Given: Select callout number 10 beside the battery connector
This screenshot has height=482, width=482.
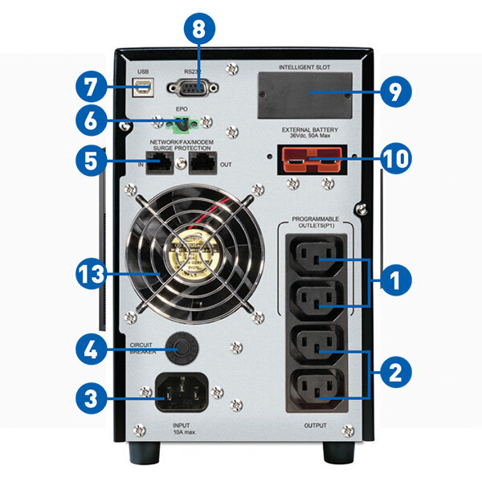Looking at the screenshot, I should click(392, 158).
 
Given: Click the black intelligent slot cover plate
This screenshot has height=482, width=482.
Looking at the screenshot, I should click(305, 94).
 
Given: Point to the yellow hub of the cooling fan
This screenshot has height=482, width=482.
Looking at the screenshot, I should click(191, 251).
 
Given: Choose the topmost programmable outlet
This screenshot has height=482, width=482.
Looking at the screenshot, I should click(316, 260).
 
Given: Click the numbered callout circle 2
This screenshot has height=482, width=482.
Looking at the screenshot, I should click(393, 372).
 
